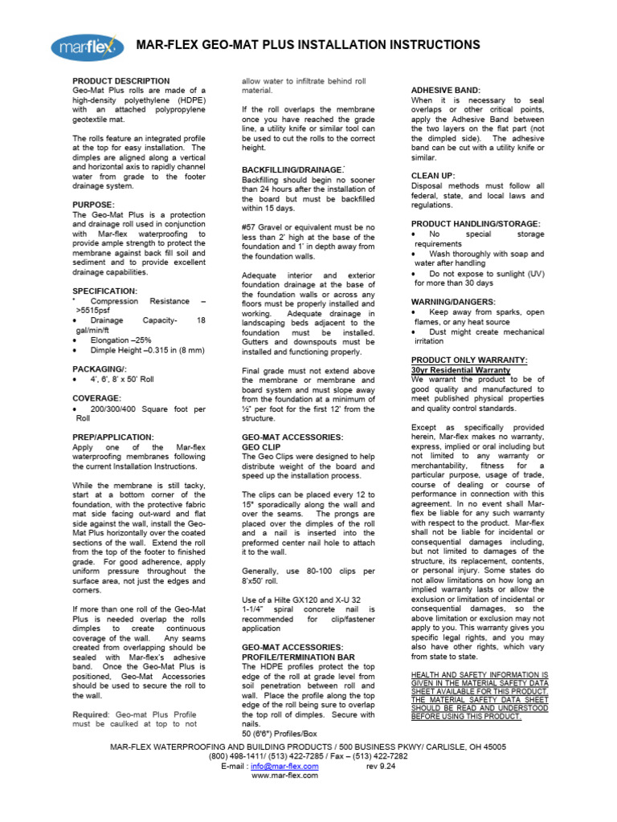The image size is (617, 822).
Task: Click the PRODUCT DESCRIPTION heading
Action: [x=121, y=81]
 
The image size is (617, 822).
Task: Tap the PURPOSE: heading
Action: [x=93, y=205]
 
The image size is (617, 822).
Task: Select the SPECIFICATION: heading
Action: [x=105, y=291]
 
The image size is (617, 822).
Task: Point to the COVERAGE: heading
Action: [x=97, y=398]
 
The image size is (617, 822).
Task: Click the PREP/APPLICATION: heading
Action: [x=112, y=437]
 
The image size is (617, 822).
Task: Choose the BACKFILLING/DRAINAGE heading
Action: [x=292, y=170]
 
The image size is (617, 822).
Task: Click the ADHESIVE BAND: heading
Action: [x=445, y=90]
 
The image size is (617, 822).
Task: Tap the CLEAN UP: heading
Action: [x=433, y=175]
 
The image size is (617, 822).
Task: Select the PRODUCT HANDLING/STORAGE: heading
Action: [x=476, y=223]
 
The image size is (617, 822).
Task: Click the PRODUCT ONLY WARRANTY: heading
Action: [x=469, y=360]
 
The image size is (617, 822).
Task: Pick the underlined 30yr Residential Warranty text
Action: [x=460, y=370]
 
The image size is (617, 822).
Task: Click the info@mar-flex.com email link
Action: [x=285, y=766]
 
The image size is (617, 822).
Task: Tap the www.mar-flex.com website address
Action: [x=285, y=776]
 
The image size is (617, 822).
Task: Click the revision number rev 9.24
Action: [x=382, y=766]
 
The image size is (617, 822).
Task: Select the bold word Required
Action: [x=90, y=714]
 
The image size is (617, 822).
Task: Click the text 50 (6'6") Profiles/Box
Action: [x=280, y=734]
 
